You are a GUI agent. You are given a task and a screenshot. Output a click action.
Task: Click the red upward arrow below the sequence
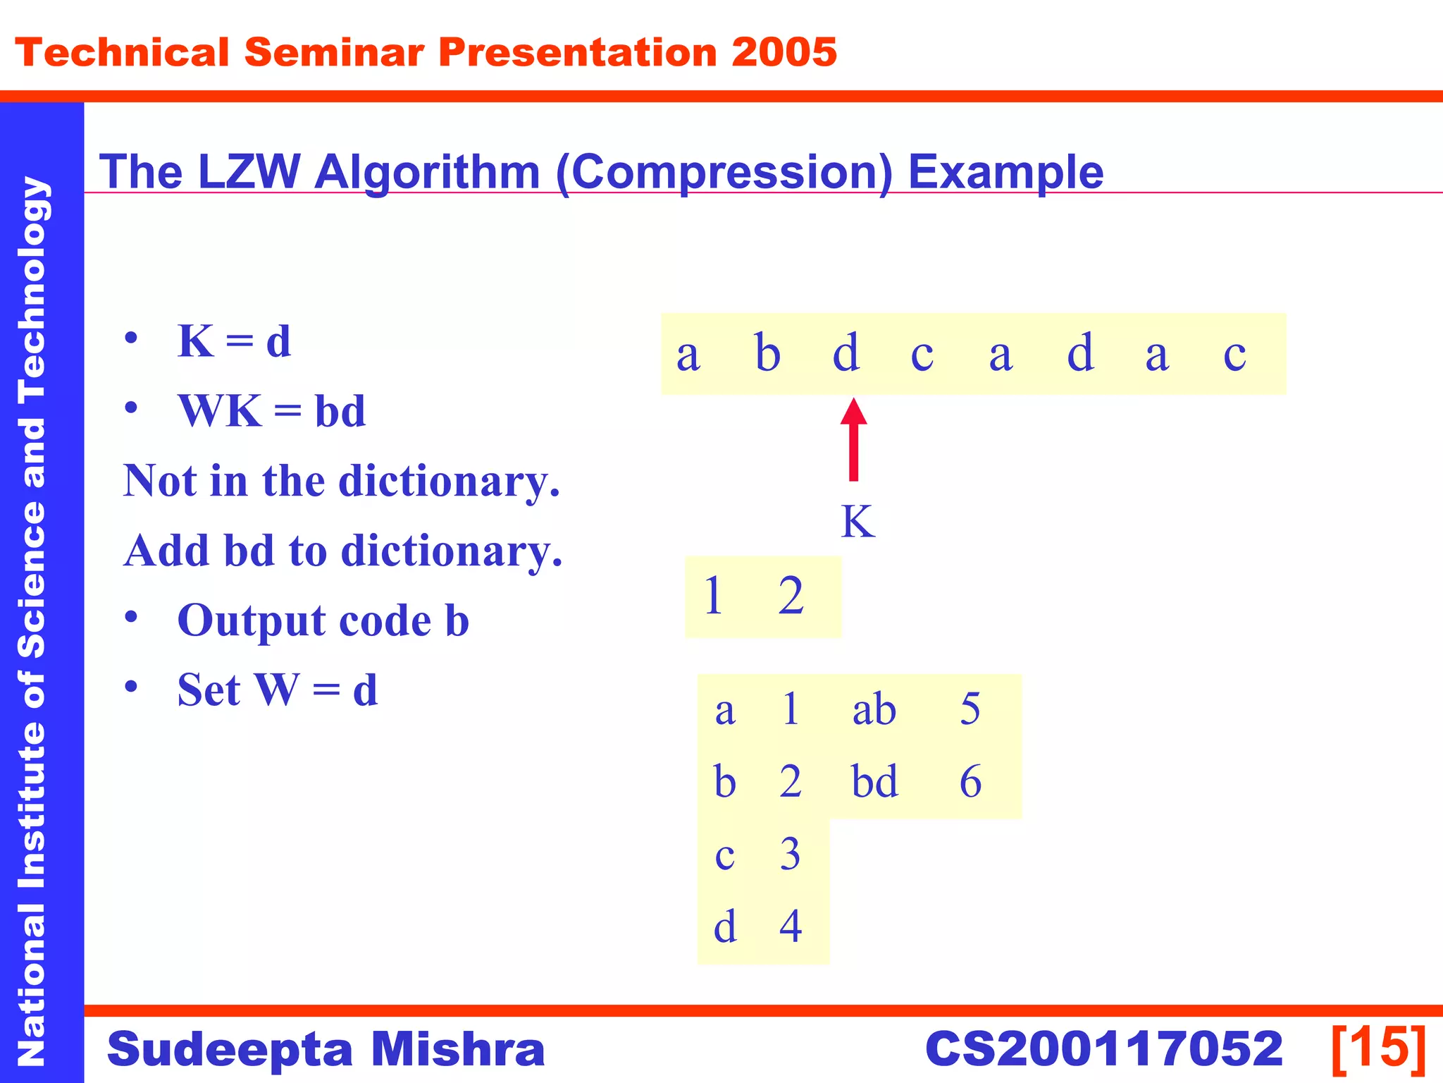(x=853, y=440)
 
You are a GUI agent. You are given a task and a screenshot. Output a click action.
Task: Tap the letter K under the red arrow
(x=857, y=522)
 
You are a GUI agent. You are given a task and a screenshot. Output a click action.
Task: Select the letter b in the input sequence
(x=767, y=353)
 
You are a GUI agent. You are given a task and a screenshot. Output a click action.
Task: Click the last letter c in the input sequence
(x=1234, y=354)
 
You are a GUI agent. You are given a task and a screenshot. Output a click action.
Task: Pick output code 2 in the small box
(x=791, y=596)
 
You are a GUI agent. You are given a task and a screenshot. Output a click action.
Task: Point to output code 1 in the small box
(x=713, y=596)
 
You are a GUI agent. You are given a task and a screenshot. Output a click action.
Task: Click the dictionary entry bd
(x=874, y=781)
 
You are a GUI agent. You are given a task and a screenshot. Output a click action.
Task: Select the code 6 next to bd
(x=970, y=782)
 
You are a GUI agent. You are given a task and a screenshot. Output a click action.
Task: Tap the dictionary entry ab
(x=874, y=709)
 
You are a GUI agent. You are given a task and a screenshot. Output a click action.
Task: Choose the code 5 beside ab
(x=970, y=709)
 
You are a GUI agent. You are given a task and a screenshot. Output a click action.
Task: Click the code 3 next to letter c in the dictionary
(x=790, y=855)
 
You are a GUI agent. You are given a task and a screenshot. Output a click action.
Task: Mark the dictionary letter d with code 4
(x=725, y=926)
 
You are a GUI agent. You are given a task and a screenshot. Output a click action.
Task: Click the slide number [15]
(x=1378, y=1048)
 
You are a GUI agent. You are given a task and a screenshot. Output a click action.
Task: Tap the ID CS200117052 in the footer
(x=1103, y=1048)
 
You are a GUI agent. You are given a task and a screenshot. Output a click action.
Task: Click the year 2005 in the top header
(x=784, y=53)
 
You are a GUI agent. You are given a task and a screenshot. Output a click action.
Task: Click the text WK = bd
(x=271, y=411)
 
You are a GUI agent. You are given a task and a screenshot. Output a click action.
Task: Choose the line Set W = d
(x=277, y=690)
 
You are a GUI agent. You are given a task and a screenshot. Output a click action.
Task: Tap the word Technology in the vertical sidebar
(x=34, y=289)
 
